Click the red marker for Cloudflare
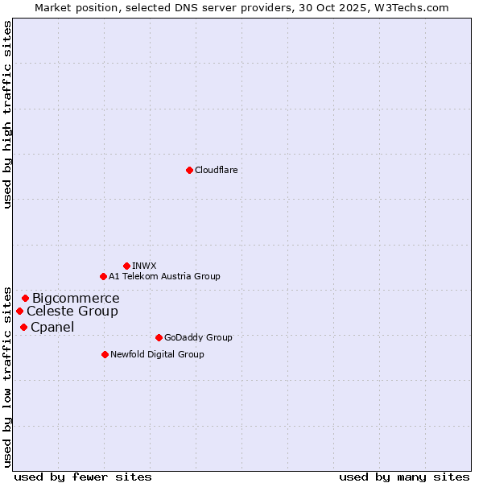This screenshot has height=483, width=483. [189, 170]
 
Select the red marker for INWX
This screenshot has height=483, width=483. [126, 266]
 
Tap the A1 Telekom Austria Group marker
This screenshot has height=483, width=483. [103, 276]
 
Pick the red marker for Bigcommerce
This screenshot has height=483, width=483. [25, 298]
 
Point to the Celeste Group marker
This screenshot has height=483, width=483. [19, 311]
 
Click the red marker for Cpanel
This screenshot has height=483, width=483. [23, 327]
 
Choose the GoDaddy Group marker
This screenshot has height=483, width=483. [159, 337]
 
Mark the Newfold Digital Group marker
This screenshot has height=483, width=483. [105, 354]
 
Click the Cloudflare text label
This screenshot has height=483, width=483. [217, 170]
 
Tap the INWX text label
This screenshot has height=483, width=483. [144, 266]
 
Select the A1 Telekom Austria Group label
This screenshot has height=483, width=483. [164, 276]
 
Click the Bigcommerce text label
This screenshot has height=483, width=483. [76, 299]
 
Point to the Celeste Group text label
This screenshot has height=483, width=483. [72, 312]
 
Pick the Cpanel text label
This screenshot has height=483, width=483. [52, 328]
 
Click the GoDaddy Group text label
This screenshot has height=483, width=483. [198, 337]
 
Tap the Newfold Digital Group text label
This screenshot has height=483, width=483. [157, 354]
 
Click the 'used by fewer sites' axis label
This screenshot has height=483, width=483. [83, 477]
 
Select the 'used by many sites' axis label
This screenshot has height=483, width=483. [404, 477]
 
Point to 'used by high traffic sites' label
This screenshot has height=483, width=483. [7, 114]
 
